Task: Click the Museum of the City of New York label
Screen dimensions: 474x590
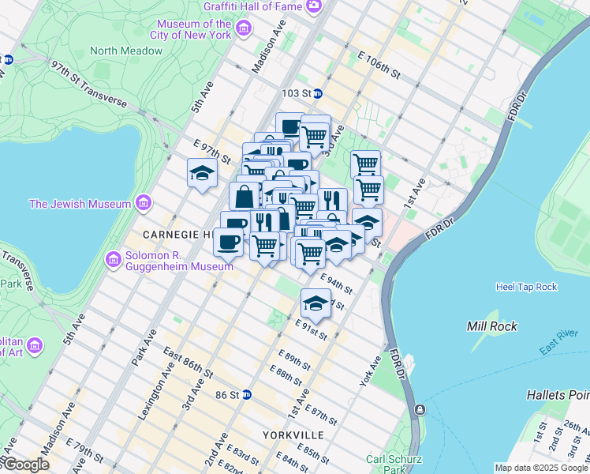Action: point(190,29)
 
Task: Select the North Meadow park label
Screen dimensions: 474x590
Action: point(126,51)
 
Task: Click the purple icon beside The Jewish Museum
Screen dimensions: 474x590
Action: point(143,204)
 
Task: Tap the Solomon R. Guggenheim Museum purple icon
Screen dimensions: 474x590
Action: point(114,258)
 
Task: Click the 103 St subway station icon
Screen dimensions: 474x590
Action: point(318,93)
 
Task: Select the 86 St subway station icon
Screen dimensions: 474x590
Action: point(246,394)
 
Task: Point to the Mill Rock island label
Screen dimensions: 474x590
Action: point(491,325)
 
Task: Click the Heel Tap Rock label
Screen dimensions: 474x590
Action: point(526,286)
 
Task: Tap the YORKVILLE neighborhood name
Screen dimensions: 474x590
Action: point(293,435)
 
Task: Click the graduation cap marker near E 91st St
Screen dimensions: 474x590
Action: point(316,303)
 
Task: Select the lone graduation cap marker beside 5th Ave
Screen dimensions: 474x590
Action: point(202,173)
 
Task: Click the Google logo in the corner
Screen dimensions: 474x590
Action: point(25,465)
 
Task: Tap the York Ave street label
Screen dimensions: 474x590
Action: point(378,370)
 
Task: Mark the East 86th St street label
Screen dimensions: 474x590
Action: point(188,363)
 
